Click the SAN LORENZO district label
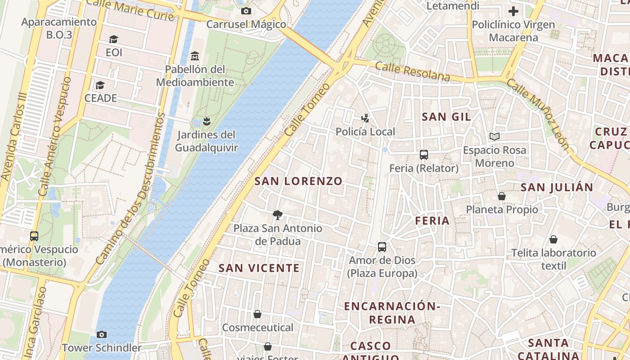[298, 181]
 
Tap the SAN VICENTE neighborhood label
[259, 268]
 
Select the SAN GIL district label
[446, 117]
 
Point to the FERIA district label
[432, 220]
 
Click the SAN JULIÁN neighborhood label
[557, 187]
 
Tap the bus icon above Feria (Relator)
[423, 155]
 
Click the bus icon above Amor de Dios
[382, 247]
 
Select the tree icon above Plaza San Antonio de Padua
[278, 215]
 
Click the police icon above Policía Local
[365, 118]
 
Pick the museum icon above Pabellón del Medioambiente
[195, 56]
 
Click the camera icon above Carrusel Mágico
[246, 11]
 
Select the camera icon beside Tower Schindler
[102, 334]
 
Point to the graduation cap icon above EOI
[113, 40]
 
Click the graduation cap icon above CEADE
[100, 85]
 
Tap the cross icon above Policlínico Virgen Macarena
[513, 11]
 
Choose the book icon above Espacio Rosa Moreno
[494, 136]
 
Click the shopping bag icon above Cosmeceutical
[257, 314]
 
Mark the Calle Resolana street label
[412, 72]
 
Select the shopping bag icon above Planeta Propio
[501, 196]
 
